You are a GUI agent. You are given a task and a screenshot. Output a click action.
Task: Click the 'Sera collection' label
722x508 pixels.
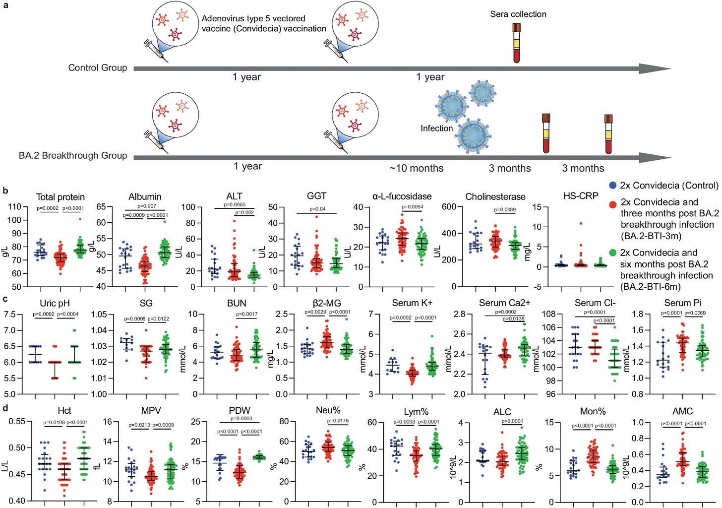[518, 14]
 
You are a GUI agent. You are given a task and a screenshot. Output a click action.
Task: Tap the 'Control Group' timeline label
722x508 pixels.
[98, 67]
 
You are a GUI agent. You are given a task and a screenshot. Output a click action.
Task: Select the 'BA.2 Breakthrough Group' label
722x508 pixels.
[73, 155]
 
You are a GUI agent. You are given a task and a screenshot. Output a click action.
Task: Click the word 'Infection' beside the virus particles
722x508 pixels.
[436, 128]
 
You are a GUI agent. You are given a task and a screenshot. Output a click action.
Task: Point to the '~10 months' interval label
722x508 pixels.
[416, 168]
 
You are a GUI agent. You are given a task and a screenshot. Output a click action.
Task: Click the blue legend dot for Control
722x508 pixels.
[613, 186]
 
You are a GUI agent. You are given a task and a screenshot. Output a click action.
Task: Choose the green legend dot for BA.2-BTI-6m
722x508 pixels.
[613, 253]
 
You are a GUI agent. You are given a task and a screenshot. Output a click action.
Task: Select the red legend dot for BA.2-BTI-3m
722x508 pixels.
[613, 202]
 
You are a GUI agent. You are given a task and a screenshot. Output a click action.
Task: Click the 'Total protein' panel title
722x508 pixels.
[60, 197]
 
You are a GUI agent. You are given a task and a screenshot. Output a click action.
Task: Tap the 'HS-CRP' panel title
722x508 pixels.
[581, 196]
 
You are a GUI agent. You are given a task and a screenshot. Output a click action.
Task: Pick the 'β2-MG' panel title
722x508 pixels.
[326, 303]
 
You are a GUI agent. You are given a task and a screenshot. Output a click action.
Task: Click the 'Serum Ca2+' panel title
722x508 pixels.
[505, 303]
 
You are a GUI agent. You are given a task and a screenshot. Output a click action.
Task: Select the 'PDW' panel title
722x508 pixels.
[240, 410]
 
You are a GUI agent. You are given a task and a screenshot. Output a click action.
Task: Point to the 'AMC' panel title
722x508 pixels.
[682, 411]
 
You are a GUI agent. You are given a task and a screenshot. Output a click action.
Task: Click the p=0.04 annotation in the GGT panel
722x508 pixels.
[317, 209]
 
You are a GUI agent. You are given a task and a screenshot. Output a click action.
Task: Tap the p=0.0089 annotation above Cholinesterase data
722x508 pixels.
[505, 209]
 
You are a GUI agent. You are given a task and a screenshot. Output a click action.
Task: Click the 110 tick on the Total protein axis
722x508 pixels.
[14, 207]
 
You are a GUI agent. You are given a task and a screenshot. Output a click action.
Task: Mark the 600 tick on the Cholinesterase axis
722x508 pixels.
[449, 207]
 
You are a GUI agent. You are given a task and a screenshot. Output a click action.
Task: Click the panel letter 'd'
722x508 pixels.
[5, 408]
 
